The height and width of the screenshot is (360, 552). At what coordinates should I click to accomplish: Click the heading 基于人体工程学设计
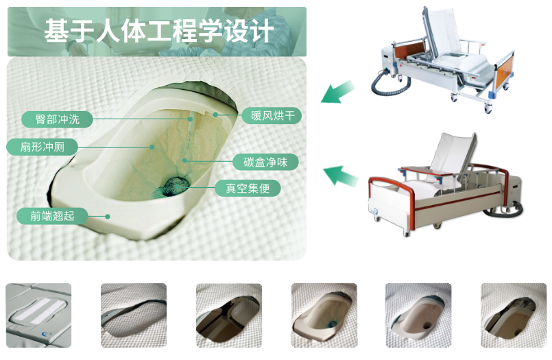coord(159,31)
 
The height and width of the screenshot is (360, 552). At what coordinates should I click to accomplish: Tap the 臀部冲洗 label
coord(57,119)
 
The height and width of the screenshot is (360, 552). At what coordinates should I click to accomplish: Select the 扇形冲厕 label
coord(43,147)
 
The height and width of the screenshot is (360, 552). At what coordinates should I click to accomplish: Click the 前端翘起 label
coord(52,216)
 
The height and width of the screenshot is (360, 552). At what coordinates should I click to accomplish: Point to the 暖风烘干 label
coord(272,115)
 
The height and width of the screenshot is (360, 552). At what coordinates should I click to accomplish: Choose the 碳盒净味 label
coord(265,163)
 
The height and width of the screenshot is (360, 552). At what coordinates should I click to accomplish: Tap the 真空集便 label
coord(248,189)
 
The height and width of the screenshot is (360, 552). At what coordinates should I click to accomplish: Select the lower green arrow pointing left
coord(340,176)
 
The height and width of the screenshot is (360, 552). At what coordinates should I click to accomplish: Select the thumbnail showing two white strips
coord(38,315)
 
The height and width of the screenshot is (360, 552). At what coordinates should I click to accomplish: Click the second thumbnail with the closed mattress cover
coord(134,315)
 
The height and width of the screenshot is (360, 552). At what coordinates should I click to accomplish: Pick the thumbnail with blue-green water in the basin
coord(324,315)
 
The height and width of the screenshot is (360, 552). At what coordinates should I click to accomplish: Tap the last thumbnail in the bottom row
coord(514,315)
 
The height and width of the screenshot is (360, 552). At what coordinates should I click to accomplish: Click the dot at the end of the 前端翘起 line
coord(108,217)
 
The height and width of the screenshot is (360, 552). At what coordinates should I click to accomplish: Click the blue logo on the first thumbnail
coord(46,335)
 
